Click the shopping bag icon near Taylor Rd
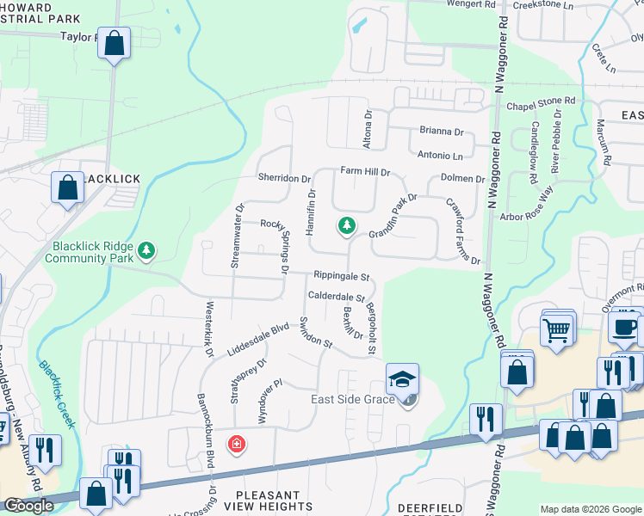coord(114,43)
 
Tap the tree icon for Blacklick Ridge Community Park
coord(147,250)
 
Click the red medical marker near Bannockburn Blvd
coord(235,444)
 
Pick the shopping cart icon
coord(556,329)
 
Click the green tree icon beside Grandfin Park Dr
coord(346,226)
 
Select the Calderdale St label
coord(337,297)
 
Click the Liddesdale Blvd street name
coord(257,341)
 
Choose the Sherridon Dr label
coord(283,178)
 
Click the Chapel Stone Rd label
coord(540,103)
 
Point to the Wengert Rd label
coord(472,4)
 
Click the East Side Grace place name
coord(354,400)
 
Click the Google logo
coord(28,506)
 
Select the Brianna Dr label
coord(442,132)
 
